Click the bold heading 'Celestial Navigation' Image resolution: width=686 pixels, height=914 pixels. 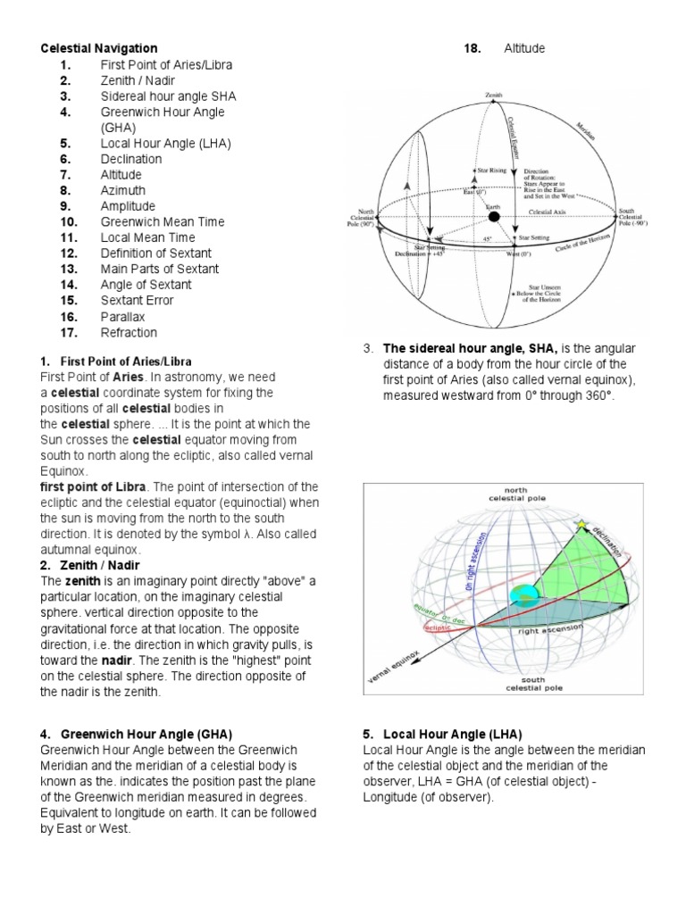point(98,48)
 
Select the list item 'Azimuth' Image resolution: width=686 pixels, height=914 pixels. point(122,190)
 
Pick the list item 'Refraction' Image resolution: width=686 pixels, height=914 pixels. point(129,332)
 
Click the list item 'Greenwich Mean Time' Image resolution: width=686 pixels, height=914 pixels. point(163,221)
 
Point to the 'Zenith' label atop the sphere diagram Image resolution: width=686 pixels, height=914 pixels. point(494,94)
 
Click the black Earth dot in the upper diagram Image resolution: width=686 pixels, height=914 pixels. point(494,217)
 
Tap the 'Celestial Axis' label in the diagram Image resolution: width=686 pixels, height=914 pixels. point(552,212)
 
